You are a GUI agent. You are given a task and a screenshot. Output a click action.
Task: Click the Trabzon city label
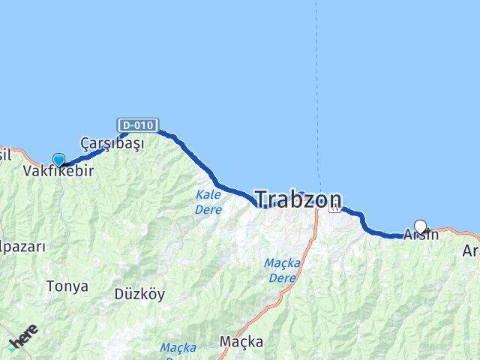(x=298, y=199)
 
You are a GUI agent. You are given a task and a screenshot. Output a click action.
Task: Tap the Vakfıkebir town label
(x=58, y=172)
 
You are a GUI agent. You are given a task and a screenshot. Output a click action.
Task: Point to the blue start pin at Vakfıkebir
(x=58, y=160)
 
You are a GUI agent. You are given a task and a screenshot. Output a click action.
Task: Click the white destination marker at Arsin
(x=420, y=226)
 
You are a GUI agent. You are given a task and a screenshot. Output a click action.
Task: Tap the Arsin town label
(x=421, y=235)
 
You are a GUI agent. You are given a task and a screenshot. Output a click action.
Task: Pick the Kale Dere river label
(x=208, y=202)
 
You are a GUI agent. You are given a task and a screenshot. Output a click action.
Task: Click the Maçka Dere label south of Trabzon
(x=281, y=270)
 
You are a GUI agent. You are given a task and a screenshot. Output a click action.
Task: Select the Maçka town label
(x=241, y=342)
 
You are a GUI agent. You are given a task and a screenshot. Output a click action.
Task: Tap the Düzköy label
(x=139, y=294)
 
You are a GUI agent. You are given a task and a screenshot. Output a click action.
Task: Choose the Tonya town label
(x=67, y=286)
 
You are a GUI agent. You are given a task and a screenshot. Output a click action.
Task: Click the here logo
(x=23, y=337)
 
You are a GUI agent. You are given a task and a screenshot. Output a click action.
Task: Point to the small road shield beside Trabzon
(x=334, y=209)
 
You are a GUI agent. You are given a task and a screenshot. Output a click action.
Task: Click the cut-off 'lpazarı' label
(x=22, y=246)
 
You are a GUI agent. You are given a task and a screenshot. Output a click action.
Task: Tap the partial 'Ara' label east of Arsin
(x=470, y=250)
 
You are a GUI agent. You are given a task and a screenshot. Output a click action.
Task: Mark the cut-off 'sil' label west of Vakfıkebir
(x=5, y=154)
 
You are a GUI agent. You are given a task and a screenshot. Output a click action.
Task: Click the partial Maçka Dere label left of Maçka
(x=178, y=348)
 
